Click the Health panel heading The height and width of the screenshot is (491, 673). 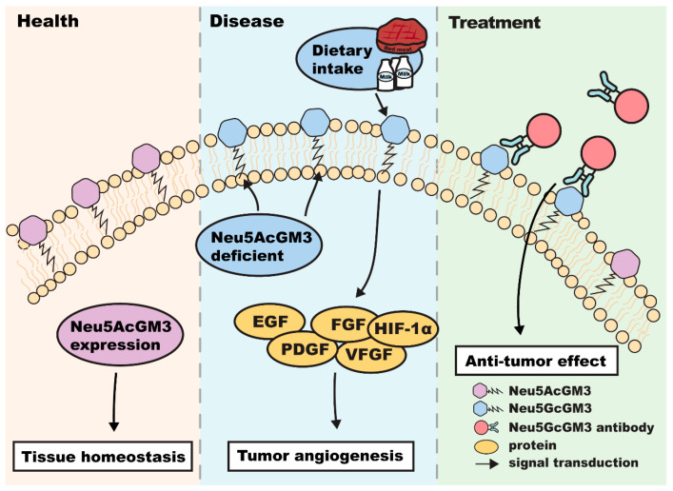pos(48,21)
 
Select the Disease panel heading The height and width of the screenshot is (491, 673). pos(247,21)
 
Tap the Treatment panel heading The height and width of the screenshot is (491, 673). pos(494,22)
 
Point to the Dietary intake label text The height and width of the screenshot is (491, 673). pos(342,59)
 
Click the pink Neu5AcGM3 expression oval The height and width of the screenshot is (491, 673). pos(120,335)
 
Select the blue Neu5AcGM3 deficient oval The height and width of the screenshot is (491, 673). pos(259,246)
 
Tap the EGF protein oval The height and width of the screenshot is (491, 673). pos(270,322)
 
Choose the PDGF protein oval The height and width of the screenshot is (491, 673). pos(304,349)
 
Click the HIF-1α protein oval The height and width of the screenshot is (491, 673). pos(403,329)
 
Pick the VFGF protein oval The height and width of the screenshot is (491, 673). pos(370,355)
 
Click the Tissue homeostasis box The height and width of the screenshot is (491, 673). pos(103,456)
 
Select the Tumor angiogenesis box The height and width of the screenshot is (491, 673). pos(321,456)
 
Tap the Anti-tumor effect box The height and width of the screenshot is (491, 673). pos(536,361)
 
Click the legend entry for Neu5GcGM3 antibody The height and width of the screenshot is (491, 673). pos(564,427)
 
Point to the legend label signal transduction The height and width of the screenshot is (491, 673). pos(573,462)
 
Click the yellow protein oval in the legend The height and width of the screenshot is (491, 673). pos(486,447)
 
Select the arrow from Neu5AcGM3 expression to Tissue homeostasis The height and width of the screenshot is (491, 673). pos(114,402)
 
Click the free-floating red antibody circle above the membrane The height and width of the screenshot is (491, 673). pos(631,106)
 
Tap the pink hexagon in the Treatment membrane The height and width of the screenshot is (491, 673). pos(625,264)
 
